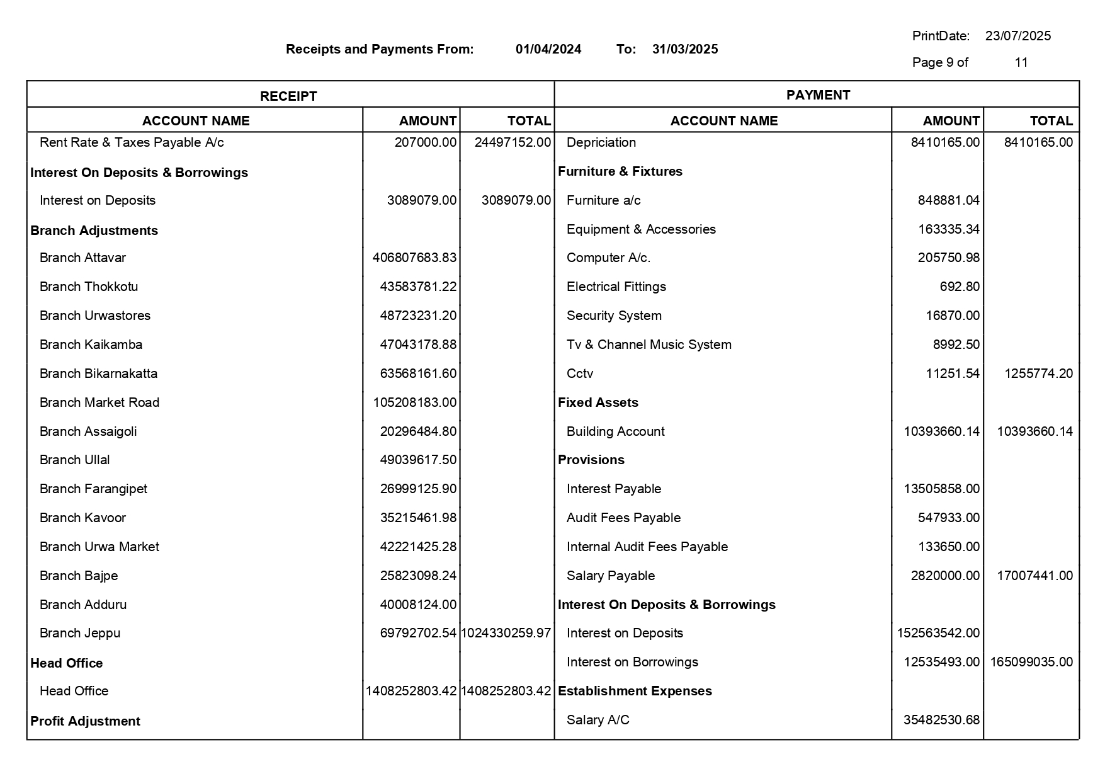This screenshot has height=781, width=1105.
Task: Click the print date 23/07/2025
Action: click(1017, 36)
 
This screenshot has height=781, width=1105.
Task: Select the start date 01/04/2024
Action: click(548, 49)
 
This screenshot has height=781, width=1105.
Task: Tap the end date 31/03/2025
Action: click(684, 49)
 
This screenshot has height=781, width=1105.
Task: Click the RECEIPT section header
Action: click(288, 96)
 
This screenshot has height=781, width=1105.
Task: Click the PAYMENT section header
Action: click(818, 95)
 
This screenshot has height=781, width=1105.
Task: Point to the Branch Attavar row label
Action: click(82, 258)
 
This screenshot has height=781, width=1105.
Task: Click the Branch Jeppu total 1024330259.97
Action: click(506, 633)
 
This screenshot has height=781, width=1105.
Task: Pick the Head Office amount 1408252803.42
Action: click(411, 691)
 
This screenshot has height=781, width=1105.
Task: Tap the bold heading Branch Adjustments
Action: click(94, 231)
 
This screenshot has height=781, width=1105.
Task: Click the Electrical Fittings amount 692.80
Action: click(960, 287)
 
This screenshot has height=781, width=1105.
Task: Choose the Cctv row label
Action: click(579, 373)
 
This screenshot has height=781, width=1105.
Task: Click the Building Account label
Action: click(615, 431)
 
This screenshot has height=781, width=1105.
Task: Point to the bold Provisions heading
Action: click(591, 460)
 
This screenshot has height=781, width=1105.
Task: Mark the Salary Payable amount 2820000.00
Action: click(945, 576)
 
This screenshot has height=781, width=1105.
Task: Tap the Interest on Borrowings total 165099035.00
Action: click(1031, 662)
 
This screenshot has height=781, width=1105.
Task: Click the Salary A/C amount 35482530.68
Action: click(941, 720)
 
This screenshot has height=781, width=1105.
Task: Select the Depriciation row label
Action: click(601, 142)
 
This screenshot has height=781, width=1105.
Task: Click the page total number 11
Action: click(1021, 62)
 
